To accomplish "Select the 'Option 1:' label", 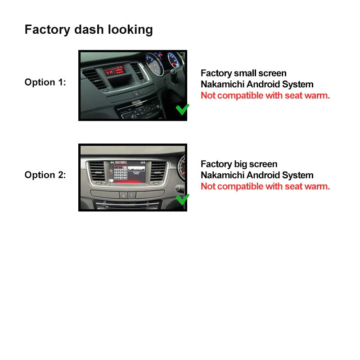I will [45, 82].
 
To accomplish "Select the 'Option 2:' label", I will [45, 175].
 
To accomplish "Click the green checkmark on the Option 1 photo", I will [182, 109].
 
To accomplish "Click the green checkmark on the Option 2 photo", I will [182, 199].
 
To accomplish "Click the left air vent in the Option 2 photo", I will [96, 172].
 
